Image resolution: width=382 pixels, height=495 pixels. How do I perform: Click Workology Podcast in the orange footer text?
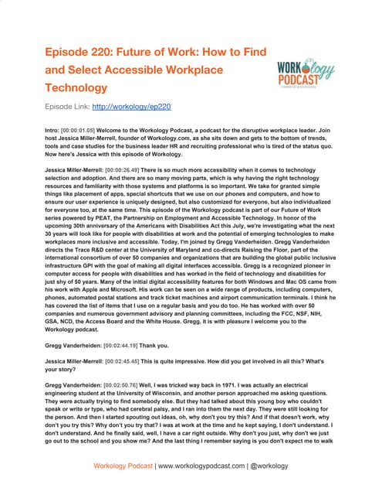(123, 466)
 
